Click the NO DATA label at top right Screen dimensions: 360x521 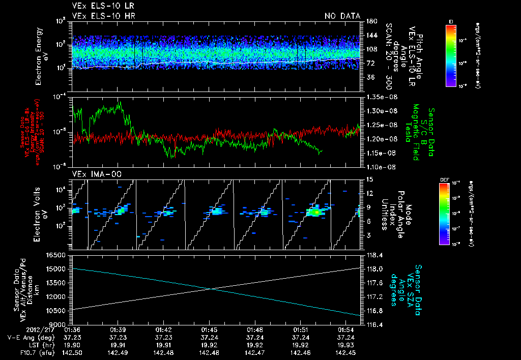pos(342,16)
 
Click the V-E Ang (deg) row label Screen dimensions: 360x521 pos(25,337)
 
